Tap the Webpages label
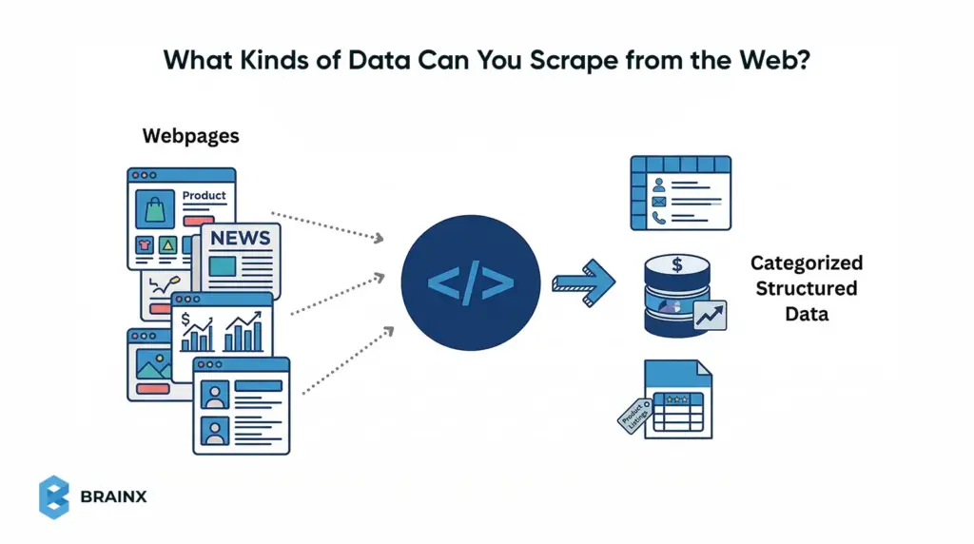(190, 136)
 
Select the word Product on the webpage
(205, 196)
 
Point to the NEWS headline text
(241, 238)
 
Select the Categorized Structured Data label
(806, 287)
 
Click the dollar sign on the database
(676, 263)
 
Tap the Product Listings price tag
(633, 416)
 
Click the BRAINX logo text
(114, 497)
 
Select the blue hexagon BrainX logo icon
(54, 497)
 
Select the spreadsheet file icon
(676, 398)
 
